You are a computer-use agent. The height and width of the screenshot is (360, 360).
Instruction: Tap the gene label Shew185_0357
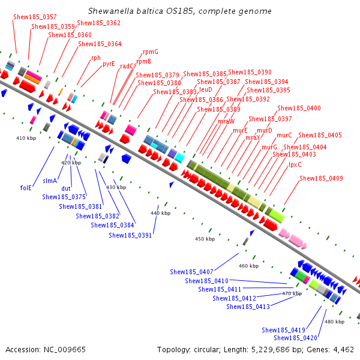click(x=35, y=17)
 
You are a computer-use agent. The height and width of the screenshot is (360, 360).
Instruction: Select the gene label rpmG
click(x=151, y=52)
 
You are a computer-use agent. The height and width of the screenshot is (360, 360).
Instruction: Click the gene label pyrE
click(x=109, y=64)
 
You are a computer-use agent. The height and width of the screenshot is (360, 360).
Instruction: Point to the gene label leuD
click(x=205, y=89)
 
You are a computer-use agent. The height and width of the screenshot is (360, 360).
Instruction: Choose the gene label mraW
click(x=226, y=121)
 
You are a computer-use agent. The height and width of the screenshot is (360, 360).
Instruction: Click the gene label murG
click(x=269, y=147)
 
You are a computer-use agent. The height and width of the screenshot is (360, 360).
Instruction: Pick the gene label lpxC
click(x=295, y=164)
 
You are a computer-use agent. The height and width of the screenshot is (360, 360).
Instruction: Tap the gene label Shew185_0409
click(x=321, y=178)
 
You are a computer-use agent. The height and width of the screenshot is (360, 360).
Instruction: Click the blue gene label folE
click(x=26, y=188)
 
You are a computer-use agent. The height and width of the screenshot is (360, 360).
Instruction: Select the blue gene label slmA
click(x=50, y=181)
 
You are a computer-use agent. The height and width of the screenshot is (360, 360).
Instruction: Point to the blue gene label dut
click(x=66, y=188)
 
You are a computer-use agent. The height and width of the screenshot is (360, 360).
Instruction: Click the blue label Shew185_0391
click(x=130, y=235)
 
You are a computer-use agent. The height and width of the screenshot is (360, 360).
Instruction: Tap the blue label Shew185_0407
click(x=191, y=272)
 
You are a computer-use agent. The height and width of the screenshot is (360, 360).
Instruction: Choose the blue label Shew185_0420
click(x=295, y=338)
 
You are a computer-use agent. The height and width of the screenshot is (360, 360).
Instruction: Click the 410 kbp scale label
click(x=26, y=138)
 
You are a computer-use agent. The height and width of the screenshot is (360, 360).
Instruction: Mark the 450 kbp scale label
click(x=205, y=239)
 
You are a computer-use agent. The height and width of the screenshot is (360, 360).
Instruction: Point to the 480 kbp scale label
click(x=334, y=322)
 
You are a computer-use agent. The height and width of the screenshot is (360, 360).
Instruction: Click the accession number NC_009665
click(x=65, y=350)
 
